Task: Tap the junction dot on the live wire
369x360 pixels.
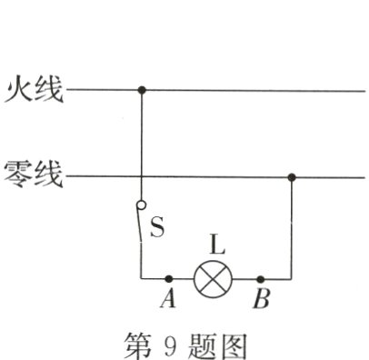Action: [142, 91]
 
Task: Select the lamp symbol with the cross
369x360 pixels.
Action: [214, 278]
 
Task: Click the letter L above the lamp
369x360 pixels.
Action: [215, 244]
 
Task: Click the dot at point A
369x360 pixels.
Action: [169, 278]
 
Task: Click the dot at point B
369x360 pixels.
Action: [261, 278]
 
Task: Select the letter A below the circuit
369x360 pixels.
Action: [167, 299]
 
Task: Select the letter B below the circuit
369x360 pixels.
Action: [261, 299]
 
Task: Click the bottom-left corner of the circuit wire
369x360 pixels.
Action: [142, 278]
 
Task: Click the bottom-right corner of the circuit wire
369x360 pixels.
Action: [292, 278]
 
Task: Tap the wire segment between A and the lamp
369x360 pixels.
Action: [182, 278]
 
